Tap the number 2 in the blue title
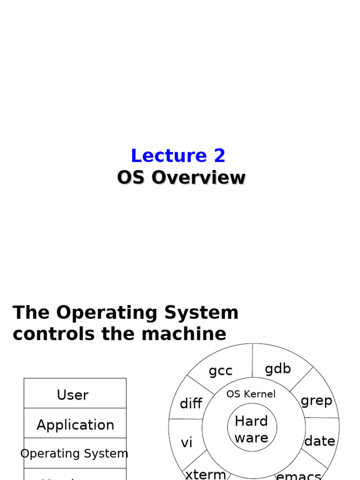(219, 156)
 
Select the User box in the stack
(73, 395)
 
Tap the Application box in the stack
(75, 425)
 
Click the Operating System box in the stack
(75, 453)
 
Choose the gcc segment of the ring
(220, 371)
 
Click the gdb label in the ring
(277, 369)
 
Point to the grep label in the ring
(316, 401)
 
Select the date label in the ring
(320, 441)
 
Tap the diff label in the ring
(191, 404)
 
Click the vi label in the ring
(187, 442)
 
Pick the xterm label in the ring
(205, 474)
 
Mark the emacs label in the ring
(299, 476)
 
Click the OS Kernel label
(251, 394)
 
